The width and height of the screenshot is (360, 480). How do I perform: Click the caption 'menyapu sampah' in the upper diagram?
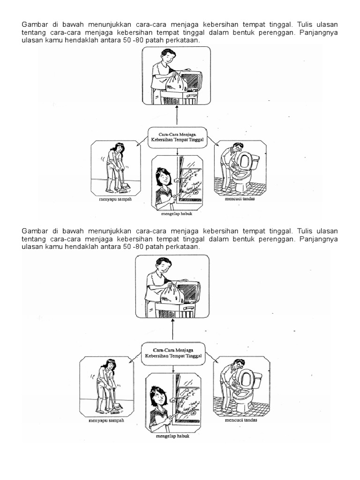pyautogui.click(x=115, y=199)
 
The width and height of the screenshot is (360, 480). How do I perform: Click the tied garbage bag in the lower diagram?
pyautogui.click(x=172, y=293)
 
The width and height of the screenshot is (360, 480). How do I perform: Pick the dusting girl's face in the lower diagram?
pyautogui.click(x=157, y=397)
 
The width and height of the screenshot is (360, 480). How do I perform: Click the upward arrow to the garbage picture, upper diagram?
pyautogui.click(x=177, y=115)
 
